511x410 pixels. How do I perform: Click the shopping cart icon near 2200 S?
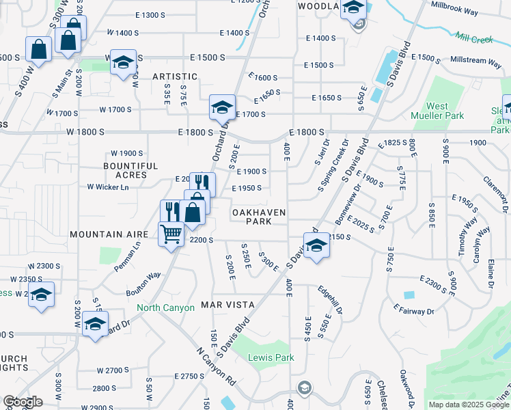coord(171,234)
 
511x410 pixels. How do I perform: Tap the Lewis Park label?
coord(271,357)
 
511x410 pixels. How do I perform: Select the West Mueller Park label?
coord(437,111)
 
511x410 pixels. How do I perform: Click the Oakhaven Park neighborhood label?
coord(258,217)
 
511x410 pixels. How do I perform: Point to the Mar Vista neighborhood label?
coord(227,304)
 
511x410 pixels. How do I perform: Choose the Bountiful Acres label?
coord(130,170)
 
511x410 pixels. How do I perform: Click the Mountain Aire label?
coord(109,234)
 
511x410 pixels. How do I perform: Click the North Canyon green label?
coord(166,307)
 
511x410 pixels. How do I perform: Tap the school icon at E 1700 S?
coord(222,107)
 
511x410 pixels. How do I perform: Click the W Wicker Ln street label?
coord(108,187)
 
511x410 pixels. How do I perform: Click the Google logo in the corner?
coord(23,402)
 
